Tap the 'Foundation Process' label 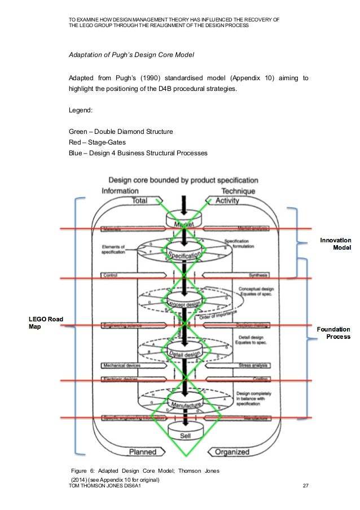pyautogui.click(x=333, y=333)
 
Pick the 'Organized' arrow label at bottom pyautogui.click(x=229, y=452)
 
